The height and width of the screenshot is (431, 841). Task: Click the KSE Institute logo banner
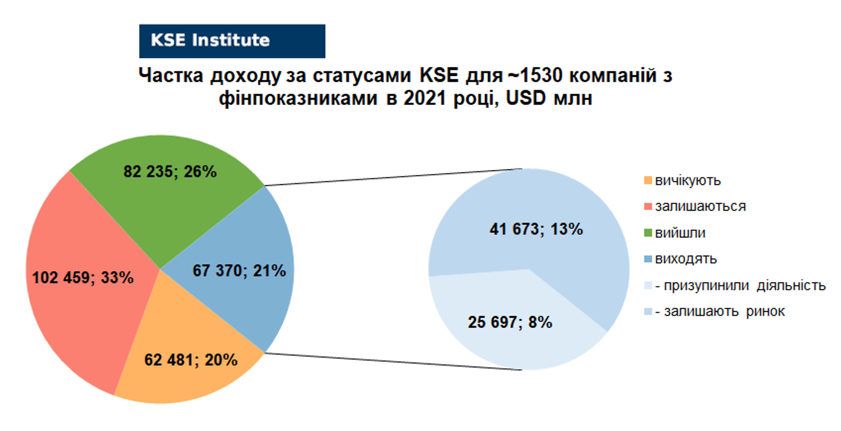click(x=232, y=41)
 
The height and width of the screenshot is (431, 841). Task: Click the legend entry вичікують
click(x=682, y=180)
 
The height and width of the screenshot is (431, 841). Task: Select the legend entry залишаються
click(x=695, y=207)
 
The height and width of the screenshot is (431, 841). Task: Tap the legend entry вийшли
click(x=675, y=233)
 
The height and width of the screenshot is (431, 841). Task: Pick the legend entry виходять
click(x=681, y=259)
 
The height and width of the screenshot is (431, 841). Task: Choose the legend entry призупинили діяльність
click(x=735, y=286)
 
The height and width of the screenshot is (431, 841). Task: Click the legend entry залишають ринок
click(x=715, y=312)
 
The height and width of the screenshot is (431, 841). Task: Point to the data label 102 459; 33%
click(x=83, y=278)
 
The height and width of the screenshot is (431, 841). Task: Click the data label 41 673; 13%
click(x=536, y=229)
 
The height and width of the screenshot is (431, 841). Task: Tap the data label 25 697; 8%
click(x=510, y=322)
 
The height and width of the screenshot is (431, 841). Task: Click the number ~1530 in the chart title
click(x=535, y=75)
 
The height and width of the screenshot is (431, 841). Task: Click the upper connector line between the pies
click(x=393, y=177)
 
